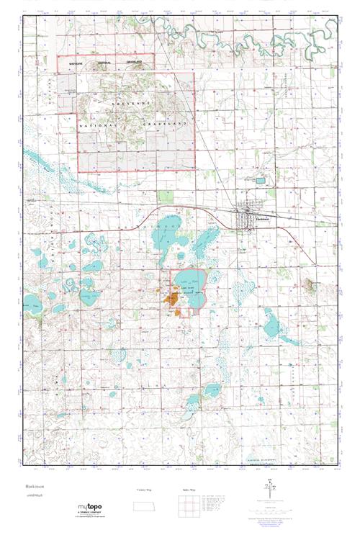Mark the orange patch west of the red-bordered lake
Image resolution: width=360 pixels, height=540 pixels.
(173, 296)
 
